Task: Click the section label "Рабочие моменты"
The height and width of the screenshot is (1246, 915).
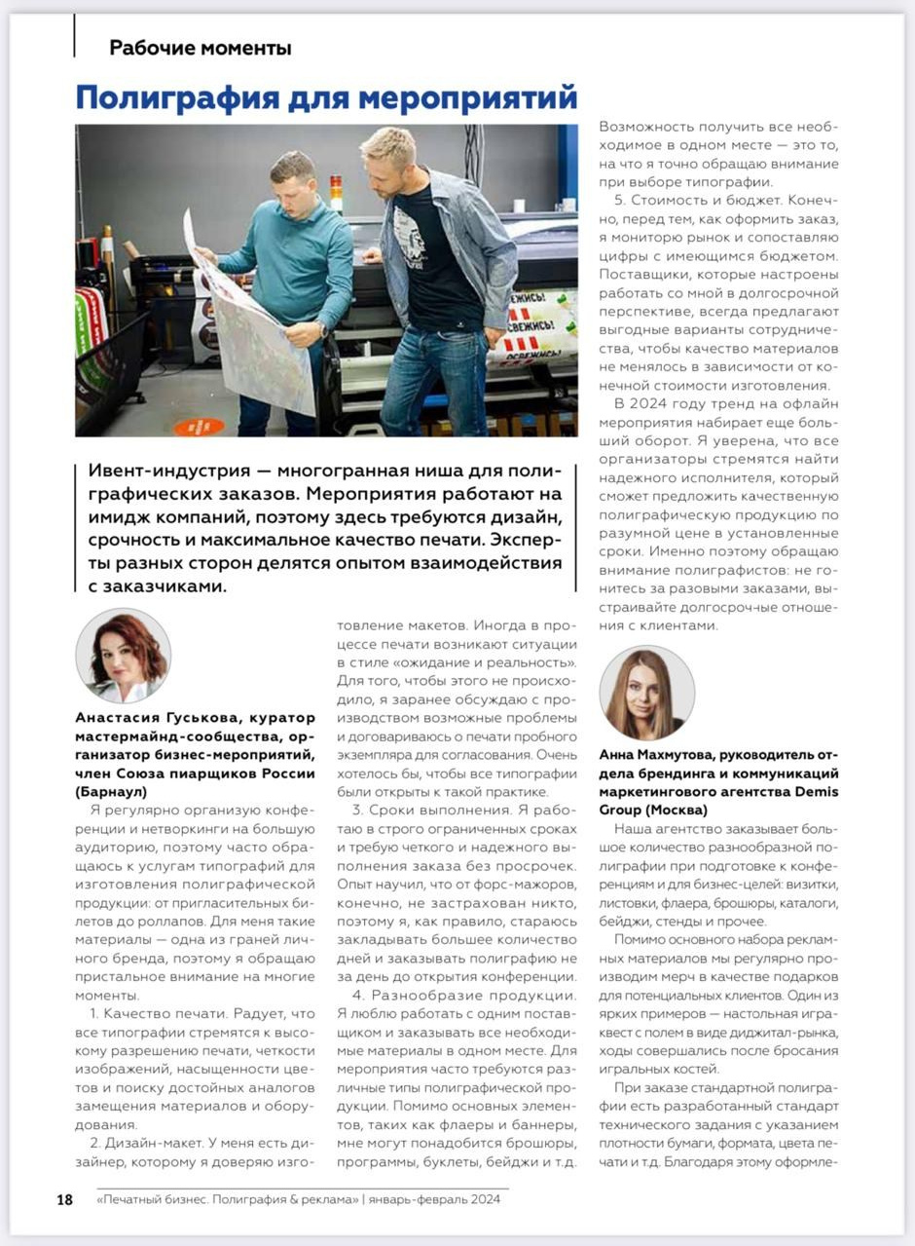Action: (x=200, y=47)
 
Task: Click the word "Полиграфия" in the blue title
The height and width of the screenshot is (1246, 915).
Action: (x=170, y=98)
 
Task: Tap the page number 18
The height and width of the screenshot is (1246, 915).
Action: (x=64, y=1199)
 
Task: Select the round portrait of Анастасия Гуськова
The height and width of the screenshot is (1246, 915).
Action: (x=124, y=656)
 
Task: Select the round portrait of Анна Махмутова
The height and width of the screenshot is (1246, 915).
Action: (x=646, y=693)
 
